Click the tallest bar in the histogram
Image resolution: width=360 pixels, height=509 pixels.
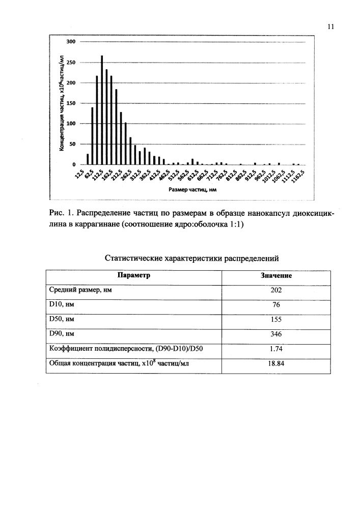pyautogui.click(x=102, y=110)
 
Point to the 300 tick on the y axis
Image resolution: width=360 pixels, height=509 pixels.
pyautogui.click(x=72, y=41)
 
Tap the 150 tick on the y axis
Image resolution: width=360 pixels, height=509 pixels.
pyautogui.click(x=72, y=103)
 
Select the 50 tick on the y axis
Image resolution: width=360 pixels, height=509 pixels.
pyautogui.click(x=73, y=145)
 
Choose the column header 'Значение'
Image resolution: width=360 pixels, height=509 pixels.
pyautogui.click(x=276, y=276)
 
